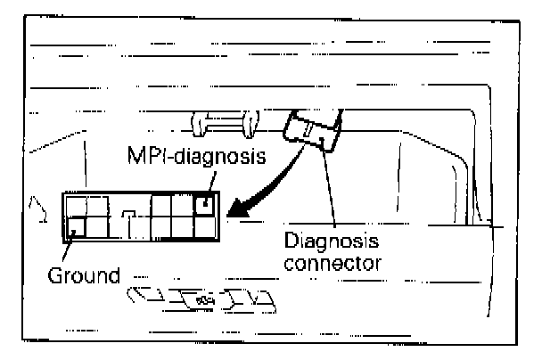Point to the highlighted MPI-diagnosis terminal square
(x=206, y=205)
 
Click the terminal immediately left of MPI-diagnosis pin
(x=183, y=205)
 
